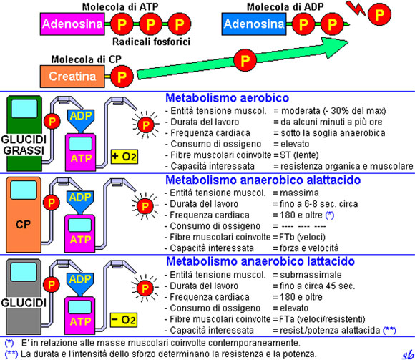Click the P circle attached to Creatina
(x=122, y=74)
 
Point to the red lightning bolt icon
(x=353, y=10)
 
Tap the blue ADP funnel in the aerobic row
(x=80, y=115)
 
